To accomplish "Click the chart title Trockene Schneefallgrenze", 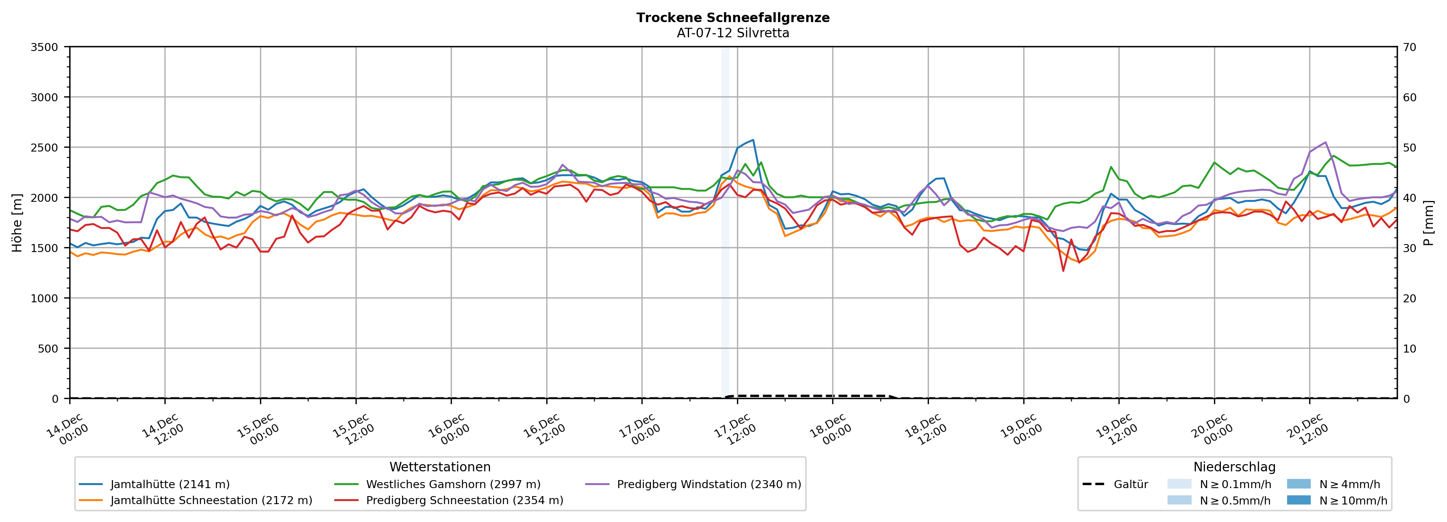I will tap(732, 18).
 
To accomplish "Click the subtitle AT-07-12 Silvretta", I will tap(732, 33).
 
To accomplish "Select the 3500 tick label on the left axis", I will tap(44, 47).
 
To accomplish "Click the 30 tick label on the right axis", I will tap(1409, 248).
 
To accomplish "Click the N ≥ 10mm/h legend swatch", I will tap(1299, 500).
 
